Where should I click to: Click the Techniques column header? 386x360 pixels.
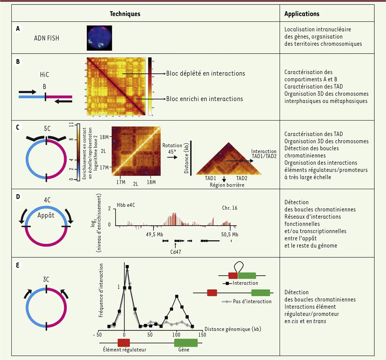click(x=125, y=14)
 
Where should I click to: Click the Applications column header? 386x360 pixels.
click(x=302, y=14)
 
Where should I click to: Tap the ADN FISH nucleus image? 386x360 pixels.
click(x=99, y=38)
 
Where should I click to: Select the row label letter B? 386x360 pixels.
click(x=18, y=61)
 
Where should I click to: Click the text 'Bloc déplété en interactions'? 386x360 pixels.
click(x=206, y=73)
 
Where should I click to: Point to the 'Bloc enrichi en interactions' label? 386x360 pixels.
click(x=204, y=99)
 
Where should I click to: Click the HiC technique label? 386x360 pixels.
click(x=44, y=75)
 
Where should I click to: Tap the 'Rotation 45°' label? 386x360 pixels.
click(x=172, y=149)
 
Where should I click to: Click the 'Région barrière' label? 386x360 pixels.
click(x=227, y=185)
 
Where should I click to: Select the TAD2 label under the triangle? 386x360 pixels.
click(x=242, y=178)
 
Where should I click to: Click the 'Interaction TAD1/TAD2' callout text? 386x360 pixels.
click(x=264, y=154)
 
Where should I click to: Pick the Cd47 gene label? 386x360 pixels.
click(x=176, y=252)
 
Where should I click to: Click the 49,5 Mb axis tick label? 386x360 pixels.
click(x=155, y=234)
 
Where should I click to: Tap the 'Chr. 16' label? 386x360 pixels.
click(x=229, y=208)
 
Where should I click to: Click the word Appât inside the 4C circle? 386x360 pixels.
click(x=46, y=215)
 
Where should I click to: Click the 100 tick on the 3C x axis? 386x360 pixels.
click(x=176, y=335)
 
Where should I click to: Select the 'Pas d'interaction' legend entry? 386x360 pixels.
click(x=252, y=302)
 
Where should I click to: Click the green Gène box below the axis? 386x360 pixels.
click(x=186, y=343)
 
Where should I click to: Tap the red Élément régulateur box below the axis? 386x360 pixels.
click(x=124, y=343)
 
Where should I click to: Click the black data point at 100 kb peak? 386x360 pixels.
click(x=177, y=296)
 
